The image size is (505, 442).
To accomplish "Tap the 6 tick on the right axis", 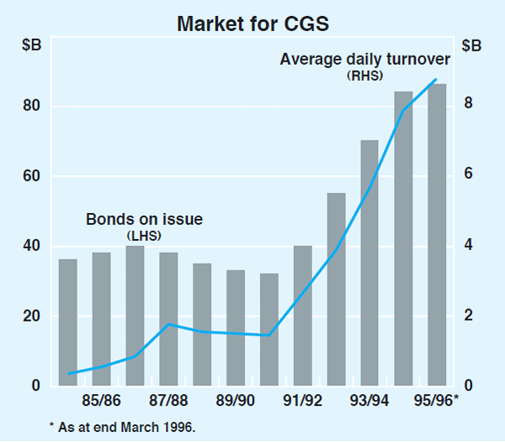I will point(468,174).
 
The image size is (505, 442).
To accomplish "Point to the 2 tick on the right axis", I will point(468,316).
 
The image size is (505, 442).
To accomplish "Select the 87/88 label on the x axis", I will point(167,398).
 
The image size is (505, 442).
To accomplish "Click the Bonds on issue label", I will point(145,221).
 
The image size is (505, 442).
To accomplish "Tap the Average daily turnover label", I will point(365,60).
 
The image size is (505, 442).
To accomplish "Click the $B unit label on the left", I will point(32,45).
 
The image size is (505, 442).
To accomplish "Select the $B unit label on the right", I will point(471,45).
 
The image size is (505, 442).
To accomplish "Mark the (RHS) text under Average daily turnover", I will point(364,76).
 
